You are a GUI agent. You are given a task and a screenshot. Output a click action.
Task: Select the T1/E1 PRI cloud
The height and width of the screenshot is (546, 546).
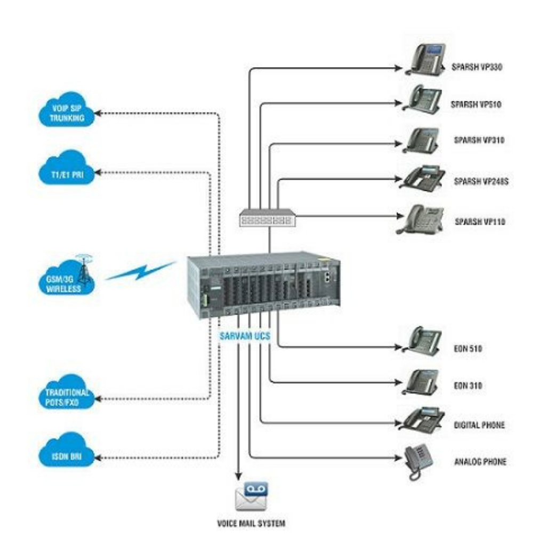click(x=67, y=169)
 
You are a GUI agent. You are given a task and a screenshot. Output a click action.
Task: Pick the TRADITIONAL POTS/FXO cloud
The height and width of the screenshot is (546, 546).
click(x=66, y=396)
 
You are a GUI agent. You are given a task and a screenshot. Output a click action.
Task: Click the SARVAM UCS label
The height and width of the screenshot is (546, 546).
click(x=245, y=337)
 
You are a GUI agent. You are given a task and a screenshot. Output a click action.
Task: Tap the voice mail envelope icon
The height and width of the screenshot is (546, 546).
click(x=252, y=497)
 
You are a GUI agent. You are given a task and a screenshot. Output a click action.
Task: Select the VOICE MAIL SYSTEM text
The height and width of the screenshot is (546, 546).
click(x=251, y=523)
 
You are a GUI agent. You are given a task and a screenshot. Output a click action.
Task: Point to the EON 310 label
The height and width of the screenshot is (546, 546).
click(x=468, y=385)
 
